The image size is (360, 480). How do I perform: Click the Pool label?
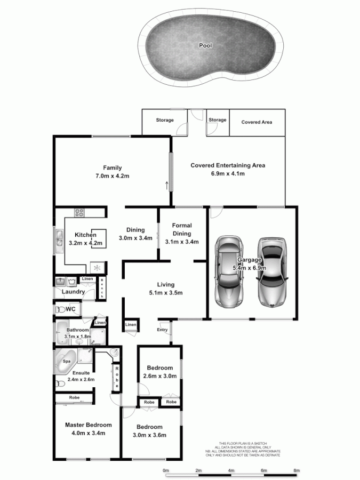point(205,46)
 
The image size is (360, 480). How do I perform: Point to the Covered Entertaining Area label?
point(228,165)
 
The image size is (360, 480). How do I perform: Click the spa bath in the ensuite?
point(66,361)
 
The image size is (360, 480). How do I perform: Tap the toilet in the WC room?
point(60,309)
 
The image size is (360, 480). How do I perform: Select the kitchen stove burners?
point(80,212)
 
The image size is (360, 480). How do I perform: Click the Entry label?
point(162,330)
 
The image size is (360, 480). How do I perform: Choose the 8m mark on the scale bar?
point(297,470)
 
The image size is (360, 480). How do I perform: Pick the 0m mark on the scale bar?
point(166,470)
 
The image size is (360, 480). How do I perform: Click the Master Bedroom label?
point(89,425)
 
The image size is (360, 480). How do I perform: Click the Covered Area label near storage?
point(257,122)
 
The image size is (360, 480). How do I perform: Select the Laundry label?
point(73,292)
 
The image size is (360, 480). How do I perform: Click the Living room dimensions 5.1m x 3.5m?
point(165,293)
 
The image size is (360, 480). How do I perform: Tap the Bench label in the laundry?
point(102,288)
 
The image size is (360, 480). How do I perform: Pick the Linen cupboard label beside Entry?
point(131,325)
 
